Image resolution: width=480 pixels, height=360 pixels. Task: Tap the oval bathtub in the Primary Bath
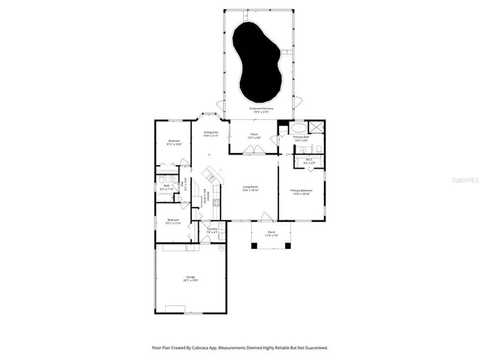pos(298,127)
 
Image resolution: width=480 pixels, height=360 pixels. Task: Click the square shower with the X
pos(318,127)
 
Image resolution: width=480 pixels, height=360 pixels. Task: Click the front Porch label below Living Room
pos(271,233)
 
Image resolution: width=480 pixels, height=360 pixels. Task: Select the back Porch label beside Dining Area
pos(253,136)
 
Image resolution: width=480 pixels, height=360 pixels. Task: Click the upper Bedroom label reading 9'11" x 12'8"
pos(174,142)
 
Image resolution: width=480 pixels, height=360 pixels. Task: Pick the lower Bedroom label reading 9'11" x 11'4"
pos(173,222)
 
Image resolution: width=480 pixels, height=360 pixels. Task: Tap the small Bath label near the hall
pos(166,187)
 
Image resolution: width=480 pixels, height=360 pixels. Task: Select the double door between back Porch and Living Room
pos(253,150)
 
